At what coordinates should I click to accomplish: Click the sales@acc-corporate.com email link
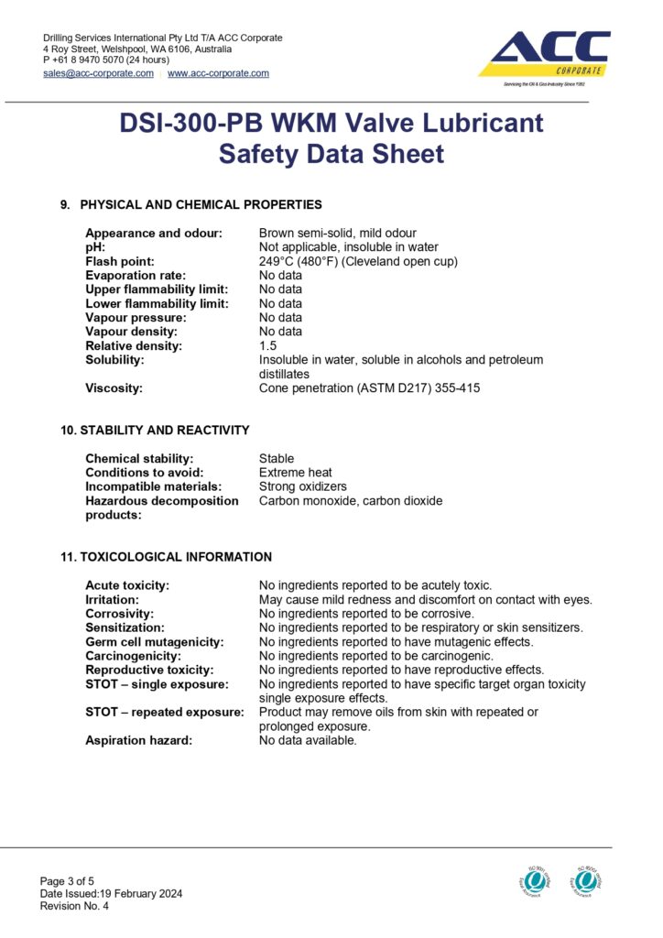(x=98, y=73)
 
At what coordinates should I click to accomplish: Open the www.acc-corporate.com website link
(x=218, y=73)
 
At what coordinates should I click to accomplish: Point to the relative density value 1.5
(x=267, y=346)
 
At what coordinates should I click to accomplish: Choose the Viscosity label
(x=114, y=388)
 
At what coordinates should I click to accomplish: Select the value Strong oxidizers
(x=303, y=486)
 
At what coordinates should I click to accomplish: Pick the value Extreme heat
(x=296, y=473)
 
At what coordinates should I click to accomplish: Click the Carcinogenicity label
(x=133, y=656)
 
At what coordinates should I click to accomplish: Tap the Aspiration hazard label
(x=138, y=740)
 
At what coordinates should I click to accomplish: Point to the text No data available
(x=308, y=740)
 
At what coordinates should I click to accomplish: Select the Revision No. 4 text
(x=74, y=906)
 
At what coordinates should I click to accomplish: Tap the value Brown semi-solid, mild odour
(x=337, y=233)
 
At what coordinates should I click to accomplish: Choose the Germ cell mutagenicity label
(x=154, y=642)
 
